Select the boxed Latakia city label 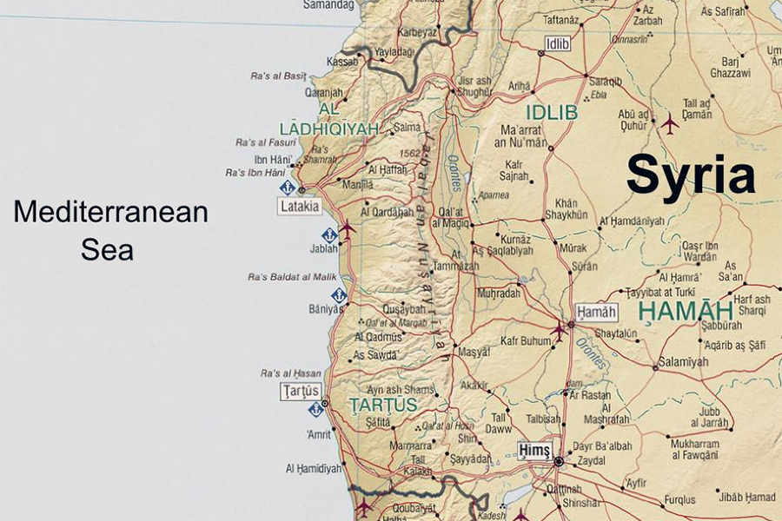tap(300, 207)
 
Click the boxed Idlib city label tap(557, 43)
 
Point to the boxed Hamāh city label tap(597, 313)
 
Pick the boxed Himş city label tap(535, 449)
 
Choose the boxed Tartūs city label tap(301, 391)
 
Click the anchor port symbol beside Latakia tap(288, 188)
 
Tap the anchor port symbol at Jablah tap(329, 234)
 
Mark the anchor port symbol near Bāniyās tap(339, 295)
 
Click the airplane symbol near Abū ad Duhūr tap(669, 123)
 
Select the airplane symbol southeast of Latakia tap(347, 228)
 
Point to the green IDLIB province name tap(551, 112)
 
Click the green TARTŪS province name tap(383, 406)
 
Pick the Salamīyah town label tap(684, 361)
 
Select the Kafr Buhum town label tap(526, 341)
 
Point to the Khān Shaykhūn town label tap(566, 209)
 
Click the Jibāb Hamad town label tap(747, 497)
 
